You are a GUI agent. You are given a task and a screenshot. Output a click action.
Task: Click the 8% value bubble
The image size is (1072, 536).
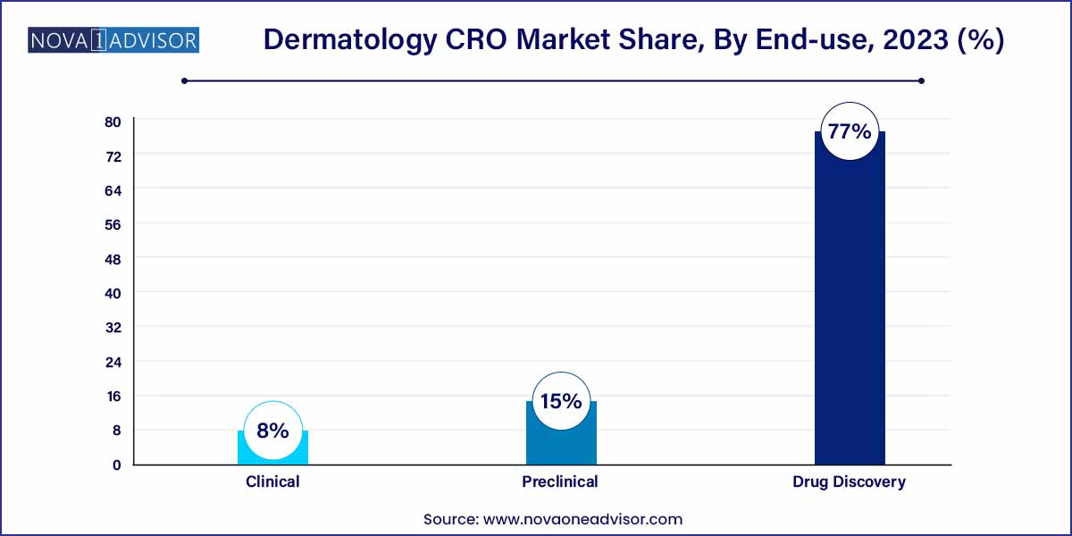click(272, 431)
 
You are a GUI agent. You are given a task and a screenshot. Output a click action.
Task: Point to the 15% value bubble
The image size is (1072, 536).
click(560, 401)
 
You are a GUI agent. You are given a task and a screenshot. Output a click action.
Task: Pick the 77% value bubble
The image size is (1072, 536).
click(849, 131)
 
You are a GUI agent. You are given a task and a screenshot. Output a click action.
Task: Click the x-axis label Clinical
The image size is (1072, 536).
click(272, 482)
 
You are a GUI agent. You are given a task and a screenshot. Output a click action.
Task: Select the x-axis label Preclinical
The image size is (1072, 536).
click(560, 482)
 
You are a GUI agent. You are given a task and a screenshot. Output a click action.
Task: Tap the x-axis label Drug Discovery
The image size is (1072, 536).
click(849, 482)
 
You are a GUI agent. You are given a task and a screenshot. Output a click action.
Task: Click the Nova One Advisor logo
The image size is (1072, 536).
click(113, 40)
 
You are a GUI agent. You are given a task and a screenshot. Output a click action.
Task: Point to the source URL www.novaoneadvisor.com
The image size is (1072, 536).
click(582, 518)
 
